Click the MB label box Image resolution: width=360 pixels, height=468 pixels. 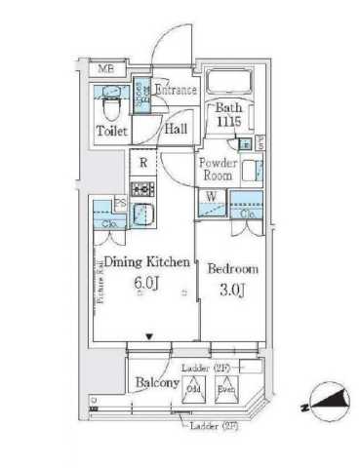[x=104, y=68]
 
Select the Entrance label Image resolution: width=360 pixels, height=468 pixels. [x=176, y=91]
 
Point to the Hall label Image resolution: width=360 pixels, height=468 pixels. [x=176, y=128]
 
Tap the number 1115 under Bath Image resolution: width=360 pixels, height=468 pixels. [x=229, y=123]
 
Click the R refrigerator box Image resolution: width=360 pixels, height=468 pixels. [x=142, y=163]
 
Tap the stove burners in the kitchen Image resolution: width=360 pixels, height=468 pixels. [x=142, y=189]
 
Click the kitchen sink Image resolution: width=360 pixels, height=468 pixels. [x=142, y=214]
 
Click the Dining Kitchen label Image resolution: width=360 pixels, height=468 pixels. [x=143, y=260]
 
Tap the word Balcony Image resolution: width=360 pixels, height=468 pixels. [x=155, y=383]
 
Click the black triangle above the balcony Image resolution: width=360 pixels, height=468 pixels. [x=148, y=337]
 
